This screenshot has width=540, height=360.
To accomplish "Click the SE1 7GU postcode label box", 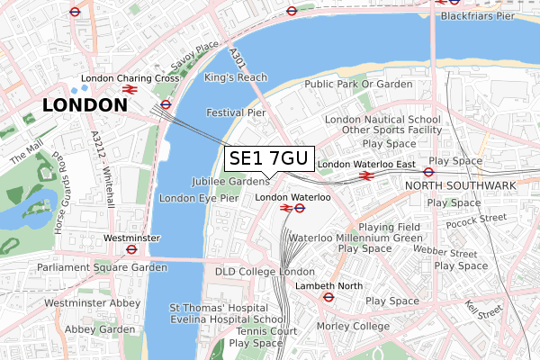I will [268, 159].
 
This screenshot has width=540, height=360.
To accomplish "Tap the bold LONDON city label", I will [85, 105].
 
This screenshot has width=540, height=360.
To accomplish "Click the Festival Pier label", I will [237, 113].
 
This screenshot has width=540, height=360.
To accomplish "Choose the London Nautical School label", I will [383, 119].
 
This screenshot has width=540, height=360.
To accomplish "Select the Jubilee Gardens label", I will [230, 182].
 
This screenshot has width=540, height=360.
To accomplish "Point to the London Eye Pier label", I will [198, 198].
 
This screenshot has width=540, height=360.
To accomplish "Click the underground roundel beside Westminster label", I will [131, 249].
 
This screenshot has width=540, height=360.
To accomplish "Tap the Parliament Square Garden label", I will [102, 267].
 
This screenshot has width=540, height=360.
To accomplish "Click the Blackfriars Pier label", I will [490, 15].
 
